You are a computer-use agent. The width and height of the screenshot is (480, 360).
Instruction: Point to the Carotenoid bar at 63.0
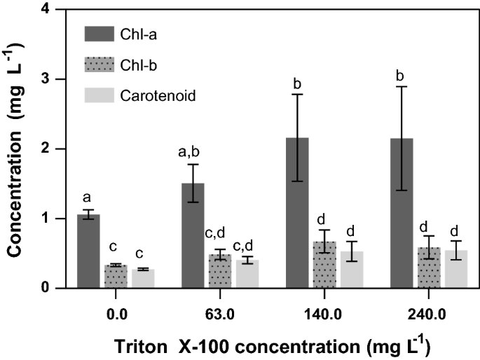(247, 274)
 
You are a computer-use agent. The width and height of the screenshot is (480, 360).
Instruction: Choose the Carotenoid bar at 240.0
(456, 269)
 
